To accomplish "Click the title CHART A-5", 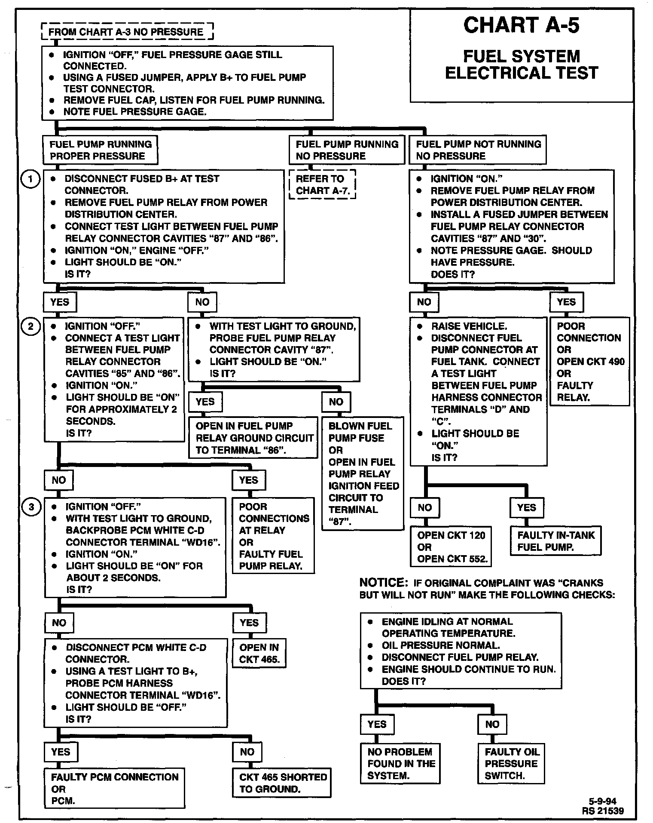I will [521, 25].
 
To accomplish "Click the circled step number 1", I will [30, 179].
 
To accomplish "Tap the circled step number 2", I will [30, 326].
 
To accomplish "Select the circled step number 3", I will [31, 507].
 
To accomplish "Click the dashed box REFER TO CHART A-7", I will [323, 185].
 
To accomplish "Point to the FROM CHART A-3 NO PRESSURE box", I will [126, 32].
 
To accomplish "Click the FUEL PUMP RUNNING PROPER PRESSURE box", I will [101, 150].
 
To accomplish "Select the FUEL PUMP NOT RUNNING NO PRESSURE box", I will [478, 150].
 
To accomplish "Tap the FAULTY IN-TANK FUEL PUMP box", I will [555, 541].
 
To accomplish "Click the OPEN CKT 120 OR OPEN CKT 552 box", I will [451, 547].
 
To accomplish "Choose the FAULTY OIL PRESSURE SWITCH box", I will [511, 764].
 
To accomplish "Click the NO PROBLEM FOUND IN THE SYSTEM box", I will [400, 764].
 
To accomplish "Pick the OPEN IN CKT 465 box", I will [259, 653].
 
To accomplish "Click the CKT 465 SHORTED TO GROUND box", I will [282, 783].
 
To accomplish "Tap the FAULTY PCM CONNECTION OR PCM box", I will [114, 789].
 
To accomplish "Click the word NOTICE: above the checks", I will [383, 583].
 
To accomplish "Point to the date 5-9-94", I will [602, 801].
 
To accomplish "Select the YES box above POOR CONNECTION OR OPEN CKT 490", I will [566, 302].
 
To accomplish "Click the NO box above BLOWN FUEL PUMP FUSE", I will [336, 402].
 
